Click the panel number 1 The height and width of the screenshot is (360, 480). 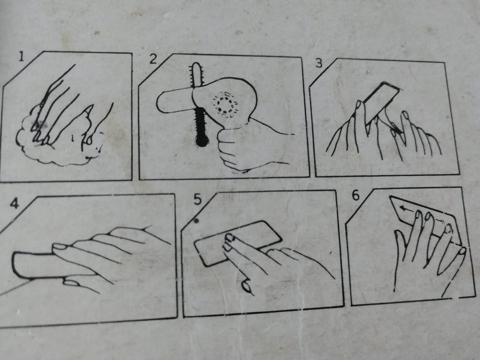click(x=21, y=56)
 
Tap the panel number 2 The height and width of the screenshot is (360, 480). click(x=153, y=58)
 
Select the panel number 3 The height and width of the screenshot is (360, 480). click(x=319, y=63)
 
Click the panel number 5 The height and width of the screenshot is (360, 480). click(x=198, y=199)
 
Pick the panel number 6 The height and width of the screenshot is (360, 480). click(x=355, y=195)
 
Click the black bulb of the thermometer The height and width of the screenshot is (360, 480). click(x=202, y=141)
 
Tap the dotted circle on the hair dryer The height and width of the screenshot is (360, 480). click(x=226, y=104)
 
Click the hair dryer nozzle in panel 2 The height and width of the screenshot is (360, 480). click(x=174, y=101)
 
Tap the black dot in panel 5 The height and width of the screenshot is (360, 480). click(x=196, y=220)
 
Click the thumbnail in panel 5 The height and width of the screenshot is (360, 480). click(x=246, y=287)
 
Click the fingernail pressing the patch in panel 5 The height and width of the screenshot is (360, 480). click(x=229, y=236)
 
